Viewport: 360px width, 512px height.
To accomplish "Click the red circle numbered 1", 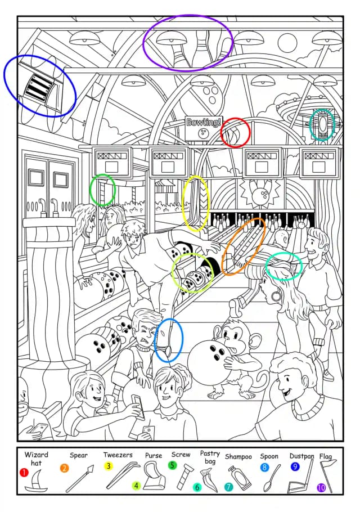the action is [24, 473].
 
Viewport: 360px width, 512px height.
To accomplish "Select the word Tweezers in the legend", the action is [118, 455].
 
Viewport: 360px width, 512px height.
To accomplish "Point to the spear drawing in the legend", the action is [79, 478].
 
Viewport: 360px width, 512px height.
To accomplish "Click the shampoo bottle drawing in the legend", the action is [240, 478].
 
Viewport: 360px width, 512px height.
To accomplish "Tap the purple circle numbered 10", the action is [322, 487].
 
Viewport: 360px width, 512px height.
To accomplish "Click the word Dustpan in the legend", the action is [301, 456].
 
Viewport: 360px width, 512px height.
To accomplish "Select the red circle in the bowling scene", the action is [235, 133].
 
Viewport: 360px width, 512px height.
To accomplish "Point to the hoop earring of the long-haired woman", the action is [276, 296].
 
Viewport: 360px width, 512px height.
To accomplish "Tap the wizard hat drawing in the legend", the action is [36, 480].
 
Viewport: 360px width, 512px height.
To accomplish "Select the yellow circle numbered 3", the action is [108, 466].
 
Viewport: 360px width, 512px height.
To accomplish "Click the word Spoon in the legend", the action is [269, 456].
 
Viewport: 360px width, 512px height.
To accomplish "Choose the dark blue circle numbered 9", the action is [295, 466].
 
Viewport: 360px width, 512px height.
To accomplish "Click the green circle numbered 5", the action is [172, 465].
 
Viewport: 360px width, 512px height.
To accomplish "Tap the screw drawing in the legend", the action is [184, 477].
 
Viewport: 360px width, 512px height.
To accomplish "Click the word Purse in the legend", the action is [154, 456].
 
